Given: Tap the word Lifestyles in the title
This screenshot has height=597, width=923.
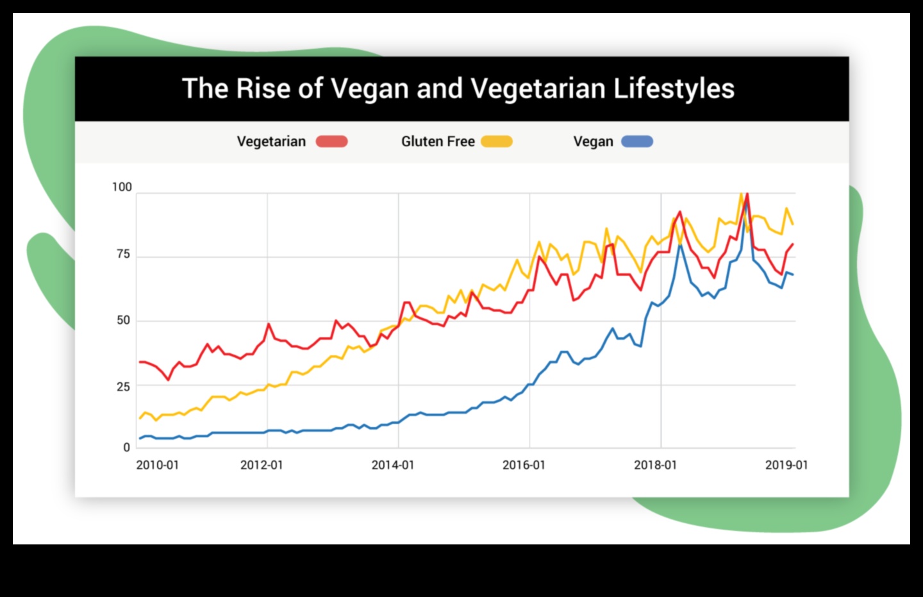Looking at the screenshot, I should tap(674, 88).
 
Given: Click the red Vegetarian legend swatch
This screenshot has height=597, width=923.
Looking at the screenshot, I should tap(331, 142).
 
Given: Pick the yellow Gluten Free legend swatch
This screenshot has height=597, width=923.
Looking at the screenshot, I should tap(497, 142).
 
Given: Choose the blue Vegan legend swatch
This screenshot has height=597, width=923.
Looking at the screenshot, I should tap(637, 142).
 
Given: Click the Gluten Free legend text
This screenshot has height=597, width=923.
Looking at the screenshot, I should tap(438, 142).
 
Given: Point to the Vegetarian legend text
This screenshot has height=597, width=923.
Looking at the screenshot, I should tap(271, 142).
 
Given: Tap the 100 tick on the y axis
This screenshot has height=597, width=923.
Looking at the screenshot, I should tap(122, 187).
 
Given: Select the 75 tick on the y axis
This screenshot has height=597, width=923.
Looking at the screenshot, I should tap(123, 254).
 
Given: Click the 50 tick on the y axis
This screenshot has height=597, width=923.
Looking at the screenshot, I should tap(123, 320).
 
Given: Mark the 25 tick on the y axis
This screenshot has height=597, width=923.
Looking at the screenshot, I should tap(123, 387).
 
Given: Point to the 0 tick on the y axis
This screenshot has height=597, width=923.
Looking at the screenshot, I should tap(126, 448).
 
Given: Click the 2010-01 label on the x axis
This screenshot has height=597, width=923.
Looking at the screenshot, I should tap(157, 465).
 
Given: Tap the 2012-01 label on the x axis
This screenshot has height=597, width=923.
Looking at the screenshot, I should tap(262, 465).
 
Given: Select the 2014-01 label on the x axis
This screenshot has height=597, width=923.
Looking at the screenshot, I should tap(393, 465).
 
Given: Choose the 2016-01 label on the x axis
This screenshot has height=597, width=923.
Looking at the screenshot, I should tap(524, 465).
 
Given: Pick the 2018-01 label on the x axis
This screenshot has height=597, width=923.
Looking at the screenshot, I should tap(655, 465).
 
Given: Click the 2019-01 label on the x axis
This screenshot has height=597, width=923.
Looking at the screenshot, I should tap(786, 465).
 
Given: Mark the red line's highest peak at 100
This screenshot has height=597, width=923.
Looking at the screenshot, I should tap(747, 194).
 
